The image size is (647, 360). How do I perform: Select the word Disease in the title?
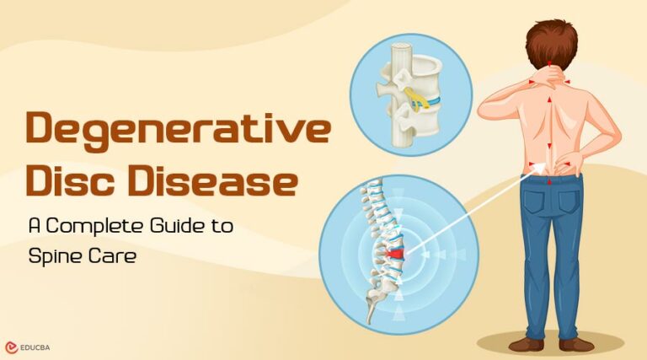click(227, 183)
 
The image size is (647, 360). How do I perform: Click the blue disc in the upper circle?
click(425, 101)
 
